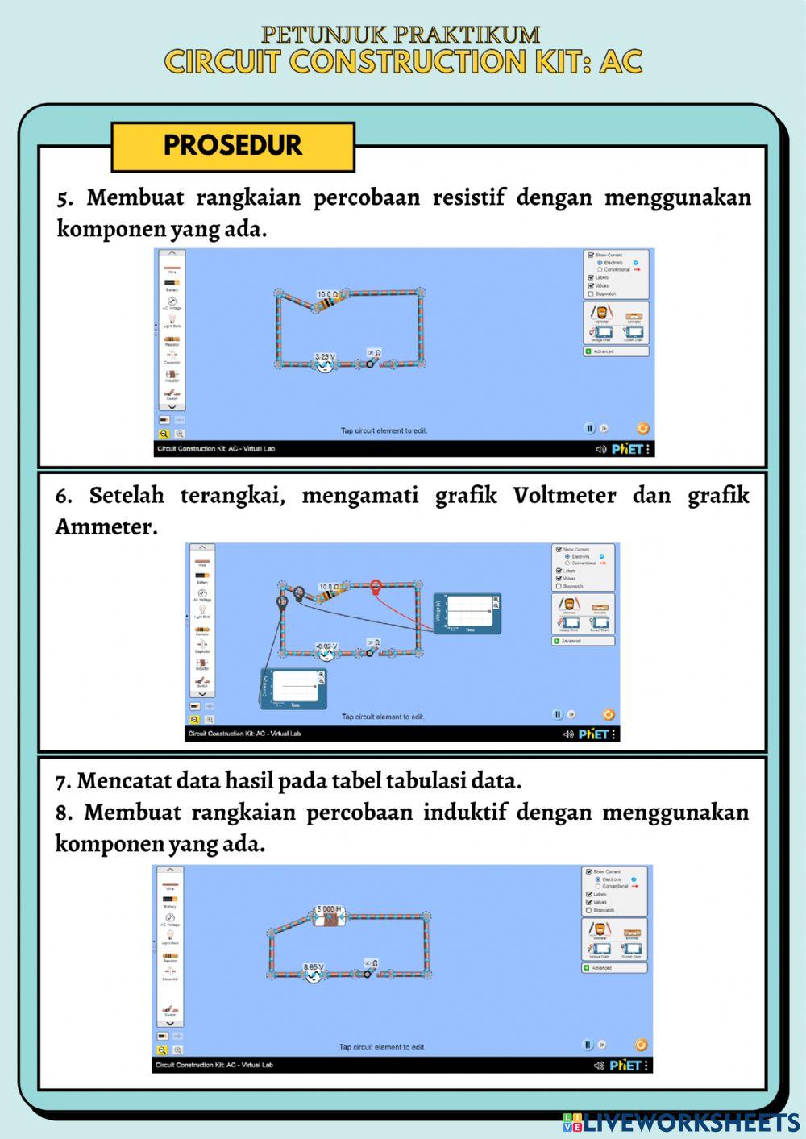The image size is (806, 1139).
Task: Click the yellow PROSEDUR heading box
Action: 233,146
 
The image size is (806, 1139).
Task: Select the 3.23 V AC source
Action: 325,364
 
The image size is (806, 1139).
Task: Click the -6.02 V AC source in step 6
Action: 326,653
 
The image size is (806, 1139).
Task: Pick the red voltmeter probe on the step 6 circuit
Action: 376,587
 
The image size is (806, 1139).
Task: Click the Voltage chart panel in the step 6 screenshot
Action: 467,613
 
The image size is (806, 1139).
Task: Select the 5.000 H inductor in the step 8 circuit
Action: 329,917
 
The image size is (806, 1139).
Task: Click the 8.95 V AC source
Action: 314,974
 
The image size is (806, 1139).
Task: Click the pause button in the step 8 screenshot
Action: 588,1045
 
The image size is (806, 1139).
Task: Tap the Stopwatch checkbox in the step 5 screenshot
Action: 591,293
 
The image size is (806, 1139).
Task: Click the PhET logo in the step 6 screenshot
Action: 593,734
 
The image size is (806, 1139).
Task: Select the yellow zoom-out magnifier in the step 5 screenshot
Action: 164,433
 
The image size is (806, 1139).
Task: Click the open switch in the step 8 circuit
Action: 370,972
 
